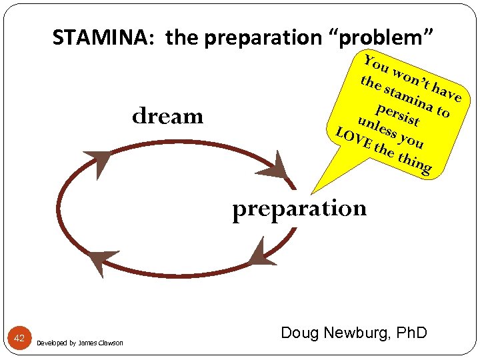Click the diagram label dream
pos(167,117)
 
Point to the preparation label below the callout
pos(299,209)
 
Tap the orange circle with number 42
pos(19,339)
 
